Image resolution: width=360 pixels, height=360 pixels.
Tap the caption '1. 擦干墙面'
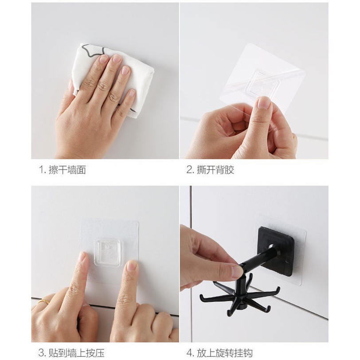[x=63, y=170]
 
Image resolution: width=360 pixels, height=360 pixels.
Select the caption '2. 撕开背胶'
[x=210, y=170]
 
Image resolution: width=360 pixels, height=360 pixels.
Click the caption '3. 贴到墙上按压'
[x=71, y=352]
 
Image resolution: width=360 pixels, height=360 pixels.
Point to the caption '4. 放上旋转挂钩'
[x=220, y=352]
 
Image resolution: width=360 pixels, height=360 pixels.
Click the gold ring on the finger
[x=43, y=301]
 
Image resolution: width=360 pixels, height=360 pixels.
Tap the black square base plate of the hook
[x=276, y=251]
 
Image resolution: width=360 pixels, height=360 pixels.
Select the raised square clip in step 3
[x=107, y=252]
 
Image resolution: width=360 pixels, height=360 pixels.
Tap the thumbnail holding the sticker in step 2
[x=264, y=102]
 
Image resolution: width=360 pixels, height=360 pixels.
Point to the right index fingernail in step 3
[x=132, y=266]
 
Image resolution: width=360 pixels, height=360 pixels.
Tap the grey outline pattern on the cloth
[x=94, y=50]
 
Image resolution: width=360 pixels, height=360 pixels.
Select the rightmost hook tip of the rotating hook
[x=278, y=289]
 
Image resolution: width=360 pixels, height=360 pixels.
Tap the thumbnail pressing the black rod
[x=237, y=271]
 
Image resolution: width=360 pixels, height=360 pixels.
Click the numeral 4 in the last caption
[x=189, y=353]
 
